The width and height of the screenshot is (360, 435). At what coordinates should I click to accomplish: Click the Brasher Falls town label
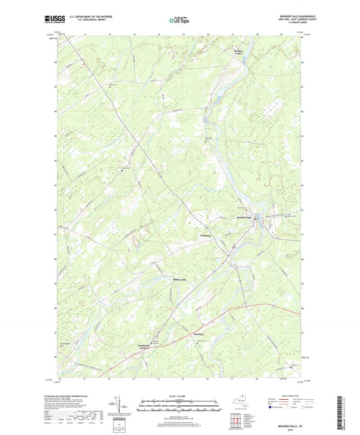pos(245,217)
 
